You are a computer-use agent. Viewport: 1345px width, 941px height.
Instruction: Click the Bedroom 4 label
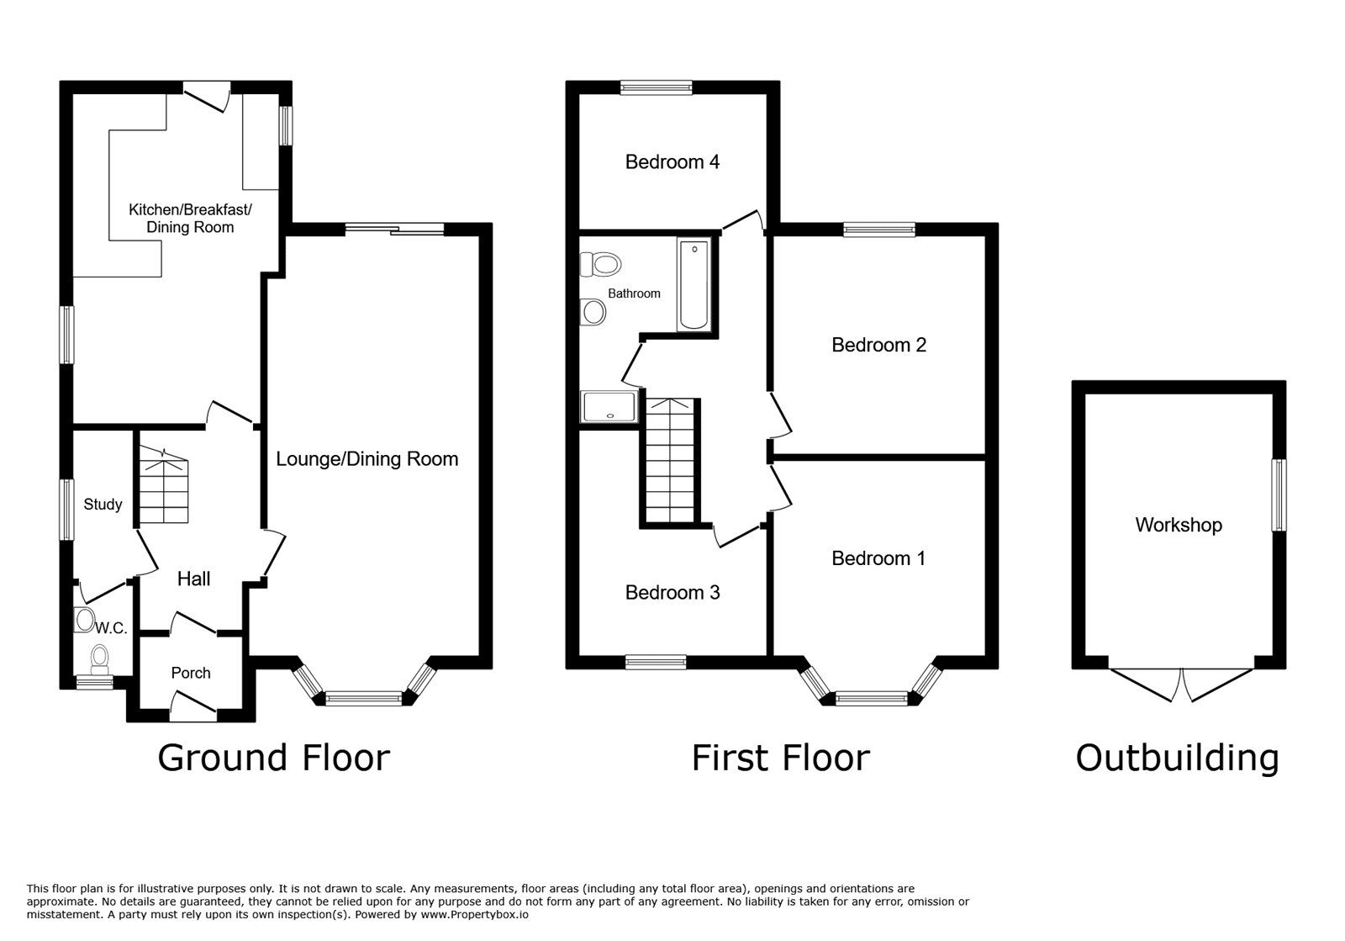click(x=672, y=161)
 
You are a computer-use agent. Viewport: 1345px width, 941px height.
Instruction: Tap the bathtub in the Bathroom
click(x=694, y=284)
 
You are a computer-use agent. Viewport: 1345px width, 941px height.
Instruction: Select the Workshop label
click(x=1178, y=525)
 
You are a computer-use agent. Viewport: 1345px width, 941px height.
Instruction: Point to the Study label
click(x=103, y=505)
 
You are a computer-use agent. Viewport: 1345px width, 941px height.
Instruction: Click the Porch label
click(x=190, y=673)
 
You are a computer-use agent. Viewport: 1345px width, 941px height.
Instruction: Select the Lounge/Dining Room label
click(x=367, y=458)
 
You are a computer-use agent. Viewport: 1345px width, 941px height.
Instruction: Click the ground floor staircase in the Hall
click(x=163, y=486)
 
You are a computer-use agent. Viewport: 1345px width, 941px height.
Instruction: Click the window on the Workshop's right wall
click(x=1279, y=494)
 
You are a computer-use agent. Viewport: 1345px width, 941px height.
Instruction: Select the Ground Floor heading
click(x=273, y=757)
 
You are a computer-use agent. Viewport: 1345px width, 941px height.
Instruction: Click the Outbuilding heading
click(x=1177, y=757)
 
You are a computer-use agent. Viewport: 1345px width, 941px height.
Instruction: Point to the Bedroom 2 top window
click(x=879, y=229)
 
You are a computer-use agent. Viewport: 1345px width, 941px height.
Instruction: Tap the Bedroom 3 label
click(x=672, y=593)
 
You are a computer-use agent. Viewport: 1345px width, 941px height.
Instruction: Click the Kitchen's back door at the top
click(x=207, y=94)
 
